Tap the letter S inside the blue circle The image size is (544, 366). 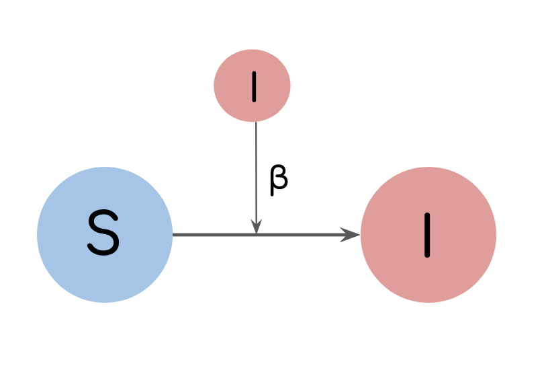click(103, 234)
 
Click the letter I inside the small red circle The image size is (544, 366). click(254, 86)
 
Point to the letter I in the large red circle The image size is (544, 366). click(427, 235)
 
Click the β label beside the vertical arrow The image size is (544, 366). click(278, 180)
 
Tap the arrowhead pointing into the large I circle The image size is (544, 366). click(351, 235)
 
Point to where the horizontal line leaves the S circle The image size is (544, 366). click(173, 235)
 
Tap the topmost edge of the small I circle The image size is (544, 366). click(252, 50)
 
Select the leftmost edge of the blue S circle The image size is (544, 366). click(38, 235)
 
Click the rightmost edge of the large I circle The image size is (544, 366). click(496, 235)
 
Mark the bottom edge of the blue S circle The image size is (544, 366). click(105, 302)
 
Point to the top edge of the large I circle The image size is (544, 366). click(428, 168)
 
